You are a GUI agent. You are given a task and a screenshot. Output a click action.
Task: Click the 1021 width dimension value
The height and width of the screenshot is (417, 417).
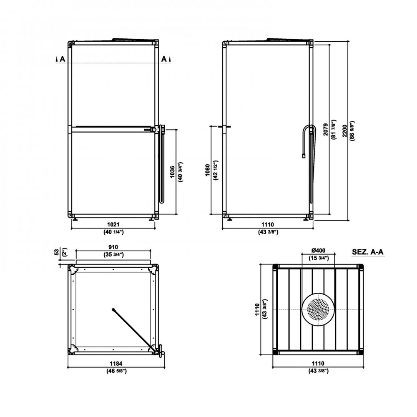pyautogui.click(x=113, y=225)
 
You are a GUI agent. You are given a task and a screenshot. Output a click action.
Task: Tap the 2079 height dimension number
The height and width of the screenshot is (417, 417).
pyautogui.click(x=326, y=130)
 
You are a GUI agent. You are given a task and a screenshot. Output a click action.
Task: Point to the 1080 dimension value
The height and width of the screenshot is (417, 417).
pyautogui.click(x=208, y=170)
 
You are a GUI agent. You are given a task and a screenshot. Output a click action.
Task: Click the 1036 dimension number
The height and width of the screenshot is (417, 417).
pyautogui.click(x=172, y=172)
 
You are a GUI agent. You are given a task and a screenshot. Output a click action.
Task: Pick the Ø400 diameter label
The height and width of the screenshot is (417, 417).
pyautogui.click(x=318, y=251)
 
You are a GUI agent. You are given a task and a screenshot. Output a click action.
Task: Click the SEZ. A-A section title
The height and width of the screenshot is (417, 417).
pyautogui.click(x=368, y=252)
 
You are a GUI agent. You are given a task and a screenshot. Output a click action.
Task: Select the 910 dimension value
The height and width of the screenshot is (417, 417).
pyautogui.click(x=113, y=247)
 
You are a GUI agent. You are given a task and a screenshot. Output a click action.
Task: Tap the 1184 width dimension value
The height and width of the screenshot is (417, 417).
pyautogui.click(x=116, y=363)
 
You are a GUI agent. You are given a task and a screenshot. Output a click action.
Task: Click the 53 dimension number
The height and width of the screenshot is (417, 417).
pyautogui.click(x=56, y=252)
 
